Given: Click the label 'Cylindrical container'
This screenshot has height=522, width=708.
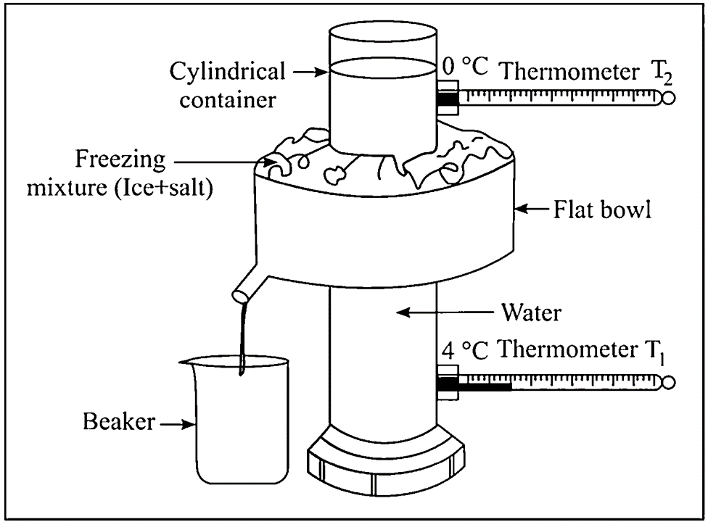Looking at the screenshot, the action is click(x=228, y=86).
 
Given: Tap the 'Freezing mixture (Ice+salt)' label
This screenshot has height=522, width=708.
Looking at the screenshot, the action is click(x=120, y=173).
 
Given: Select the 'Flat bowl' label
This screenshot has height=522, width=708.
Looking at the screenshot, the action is click(x=602, y=210).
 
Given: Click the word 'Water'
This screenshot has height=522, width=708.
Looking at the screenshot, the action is click(x=532, y=312).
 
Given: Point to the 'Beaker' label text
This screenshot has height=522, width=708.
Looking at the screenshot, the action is click(x=119, y=421).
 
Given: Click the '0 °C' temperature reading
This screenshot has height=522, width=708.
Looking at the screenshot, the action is click(x=465, y=66).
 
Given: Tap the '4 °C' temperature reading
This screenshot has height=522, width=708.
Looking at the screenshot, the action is click(x=464, y=351).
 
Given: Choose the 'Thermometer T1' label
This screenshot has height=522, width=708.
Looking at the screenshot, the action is click(x=581, y=350).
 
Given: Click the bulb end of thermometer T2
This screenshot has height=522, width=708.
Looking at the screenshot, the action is click(x=669, y=98).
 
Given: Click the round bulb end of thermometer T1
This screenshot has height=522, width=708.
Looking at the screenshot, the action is click(x=669, y=383).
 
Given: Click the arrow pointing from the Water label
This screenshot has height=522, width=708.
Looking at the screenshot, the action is click(x=445, y=312).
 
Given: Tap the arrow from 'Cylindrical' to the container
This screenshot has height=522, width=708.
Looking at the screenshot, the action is click(x=310, y=71).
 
